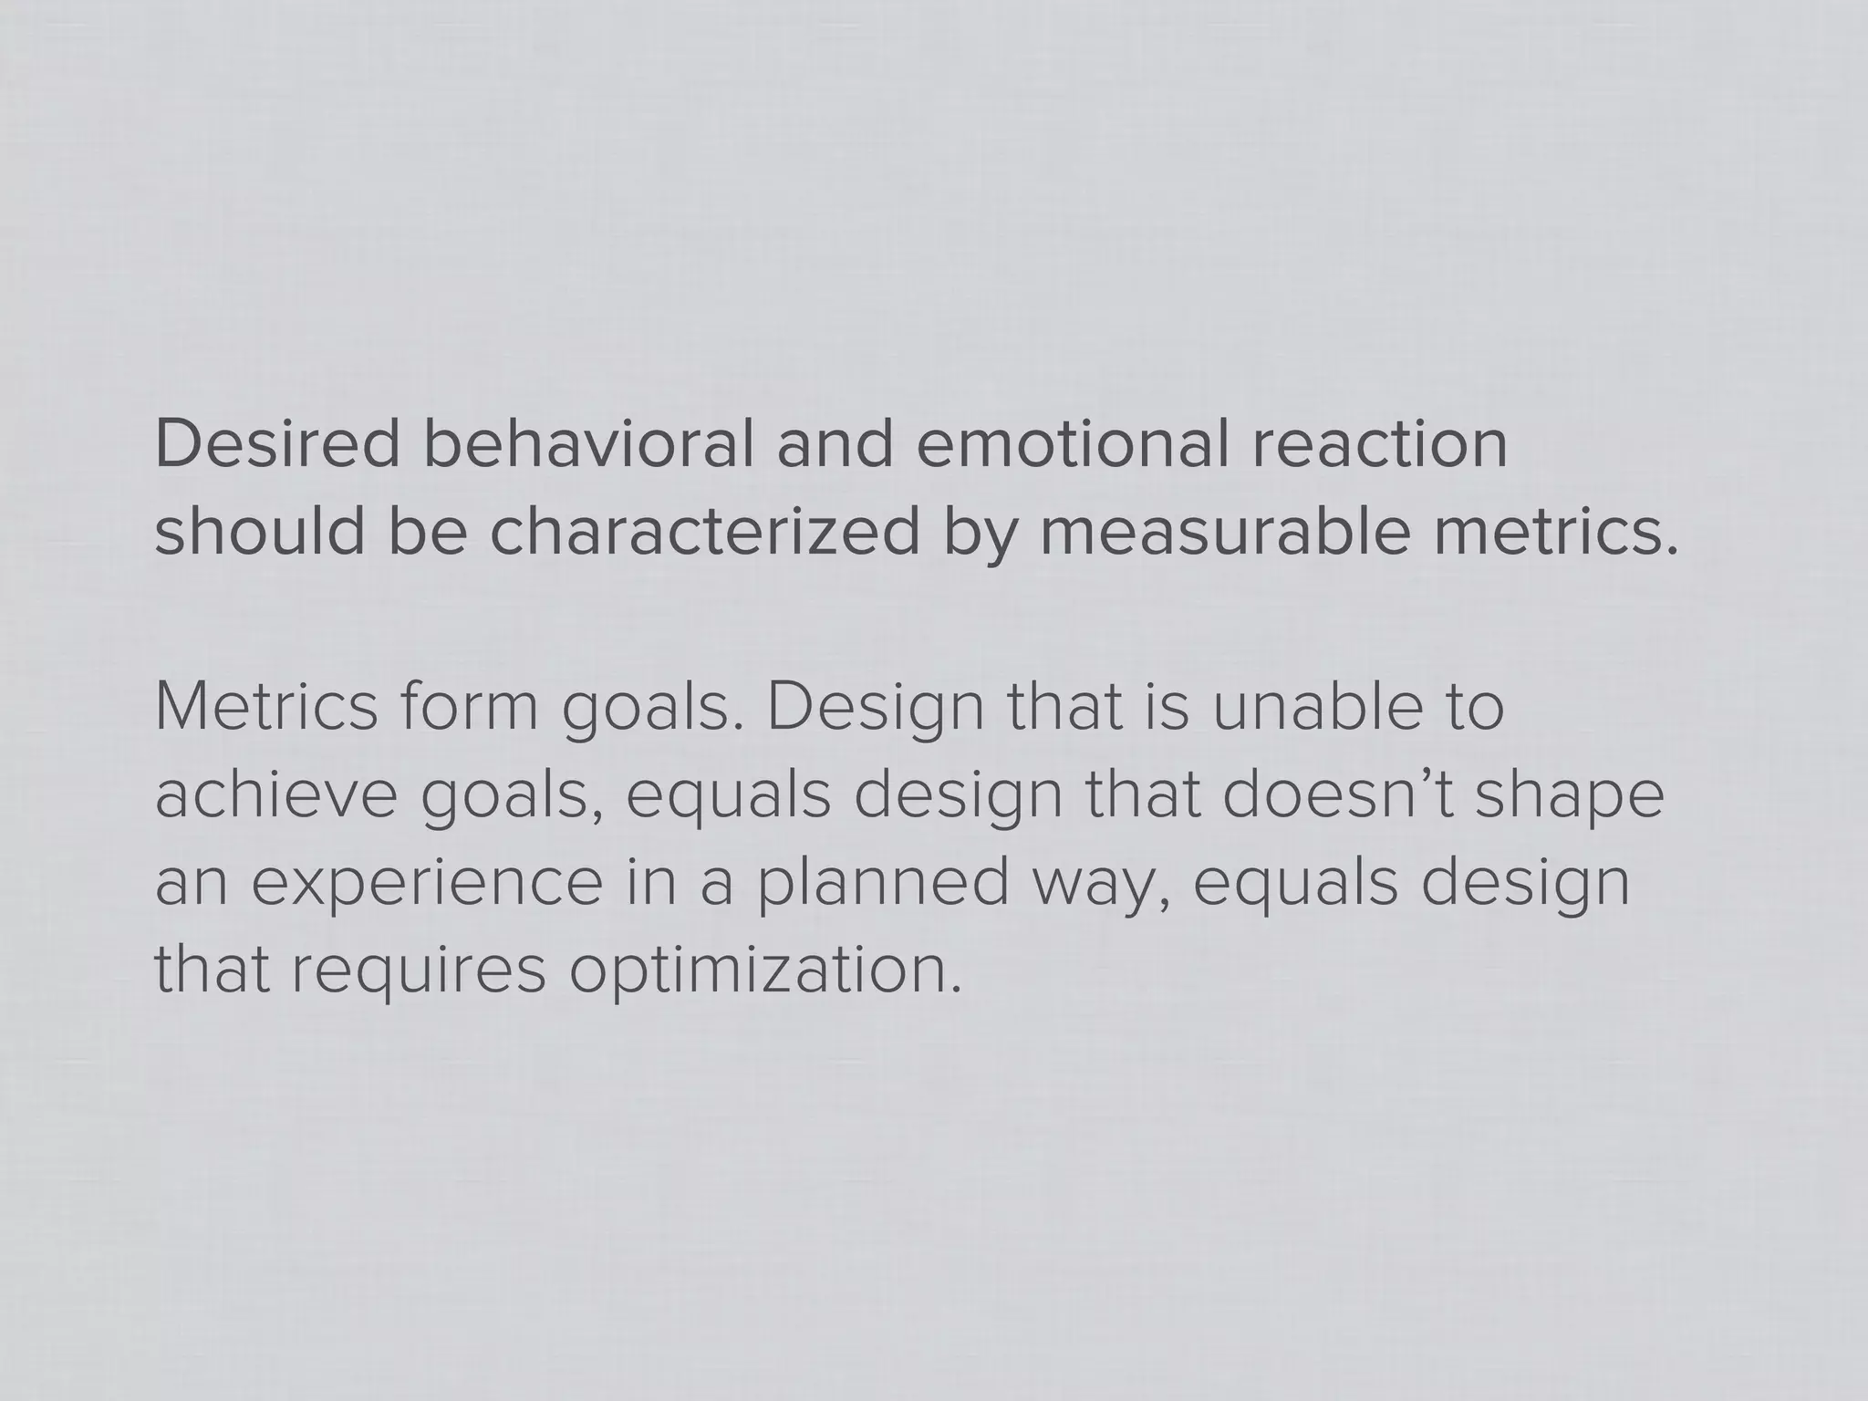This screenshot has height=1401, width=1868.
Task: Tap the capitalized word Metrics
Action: [265, 708]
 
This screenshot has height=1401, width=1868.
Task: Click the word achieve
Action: [275, 795]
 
